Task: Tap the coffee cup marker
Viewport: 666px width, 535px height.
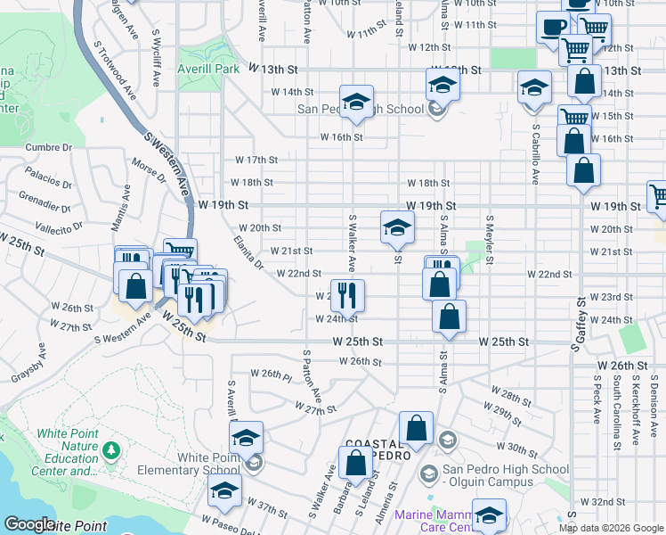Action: coord(552,29)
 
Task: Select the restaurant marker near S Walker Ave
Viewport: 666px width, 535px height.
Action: coord(347,294)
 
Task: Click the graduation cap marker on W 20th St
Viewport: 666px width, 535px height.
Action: coord(397,228)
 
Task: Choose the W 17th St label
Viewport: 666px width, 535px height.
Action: coord(256,160)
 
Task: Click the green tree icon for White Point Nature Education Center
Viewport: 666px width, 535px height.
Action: coord(111,451)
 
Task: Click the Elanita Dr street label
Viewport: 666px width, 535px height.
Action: coord(247,252)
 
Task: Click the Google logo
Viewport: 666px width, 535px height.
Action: coord(28,524)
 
